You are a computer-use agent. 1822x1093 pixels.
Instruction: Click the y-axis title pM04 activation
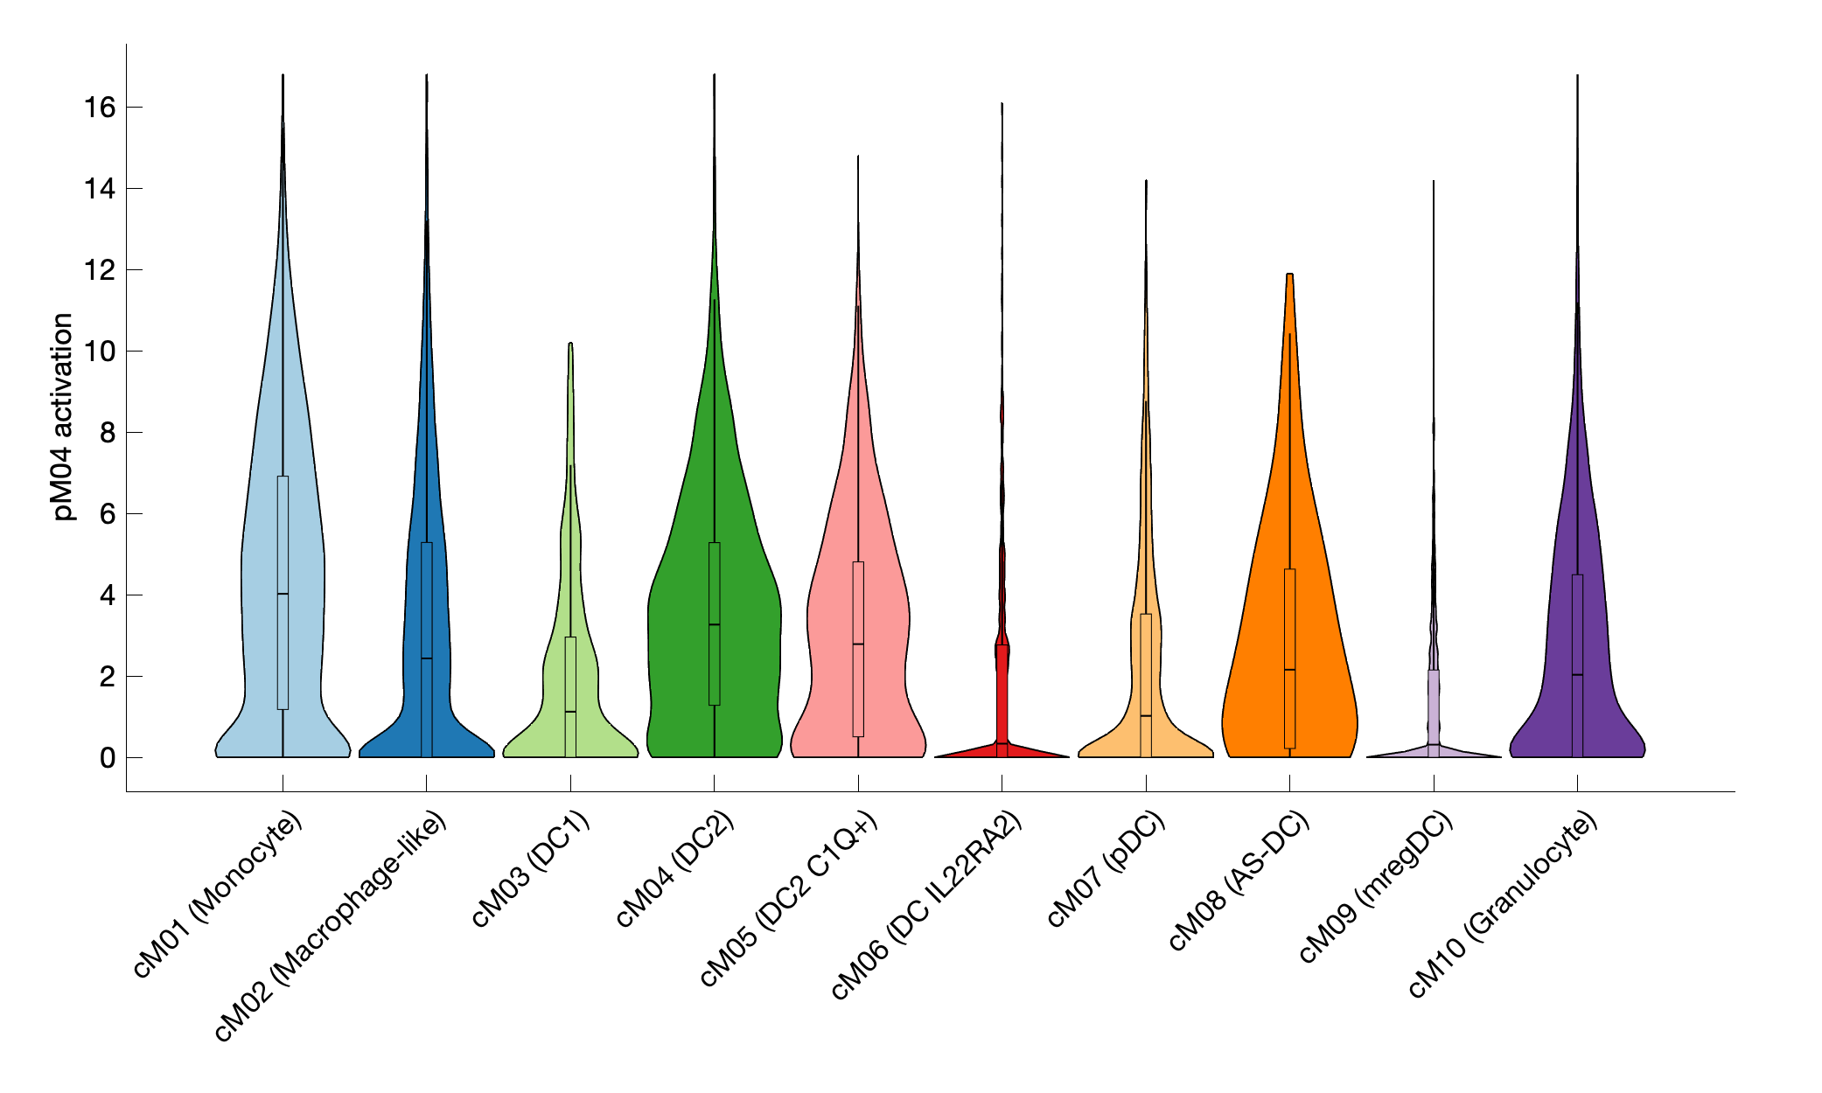63,417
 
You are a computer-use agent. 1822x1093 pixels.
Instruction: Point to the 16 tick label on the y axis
100,108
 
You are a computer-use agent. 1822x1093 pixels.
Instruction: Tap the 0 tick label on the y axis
107,758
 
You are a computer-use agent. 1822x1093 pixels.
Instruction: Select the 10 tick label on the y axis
100,352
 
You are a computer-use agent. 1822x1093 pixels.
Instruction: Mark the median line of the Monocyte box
283,595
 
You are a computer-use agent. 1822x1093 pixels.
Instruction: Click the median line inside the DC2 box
715,624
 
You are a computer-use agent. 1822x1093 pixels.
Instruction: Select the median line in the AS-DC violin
1289,670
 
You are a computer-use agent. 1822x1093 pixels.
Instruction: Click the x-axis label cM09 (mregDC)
1375,886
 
